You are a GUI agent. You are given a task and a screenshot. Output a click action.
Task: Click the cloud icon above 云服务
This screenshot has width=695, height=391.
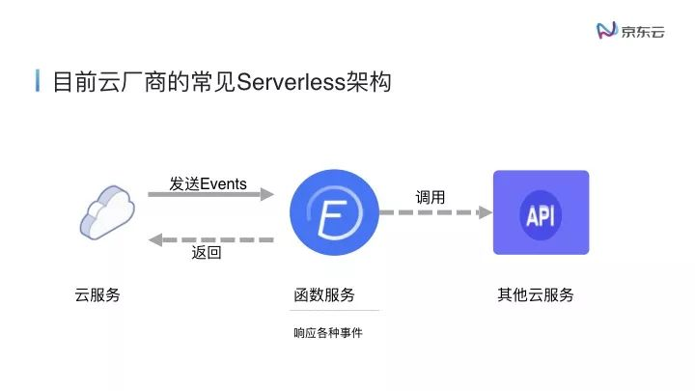pyautogui.click(x=105, y=211)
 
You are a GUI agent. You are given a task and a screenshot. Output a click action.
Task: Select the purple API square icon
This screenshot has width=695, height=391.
pyautogui.click(x=541, y=212)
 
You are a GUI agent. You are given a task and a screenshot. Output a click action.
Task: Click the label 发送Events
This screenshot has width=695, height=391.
pyautogui.click(x=208, y=183)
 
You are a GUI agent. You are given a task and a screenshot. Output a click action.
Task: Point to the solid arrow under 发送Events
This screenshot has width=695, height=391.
pyautogui.click(x=210, y=195)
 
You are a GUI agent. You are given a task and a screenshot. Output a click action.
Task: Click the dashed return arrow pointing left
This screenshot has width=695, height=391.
pyautogui.click(x=210, y=239)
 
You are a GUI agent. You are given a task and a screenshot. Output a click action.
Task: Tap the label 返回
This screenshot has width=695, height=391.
pyautogui.click(x=207, y=254)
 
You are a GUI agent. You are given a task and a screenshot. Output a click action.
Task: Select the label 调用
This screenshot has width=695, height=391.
pyautogui.click(x=431, y=197)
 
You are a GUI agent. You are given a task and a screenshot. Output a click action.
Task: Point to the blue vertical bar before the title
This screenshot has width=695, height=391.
pyautogui.click(x=38, y=81)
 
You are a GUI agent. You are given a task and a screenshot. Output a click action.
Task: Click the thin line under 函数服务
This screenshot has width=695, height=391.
pyautogui.click(x=336, y=311)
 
